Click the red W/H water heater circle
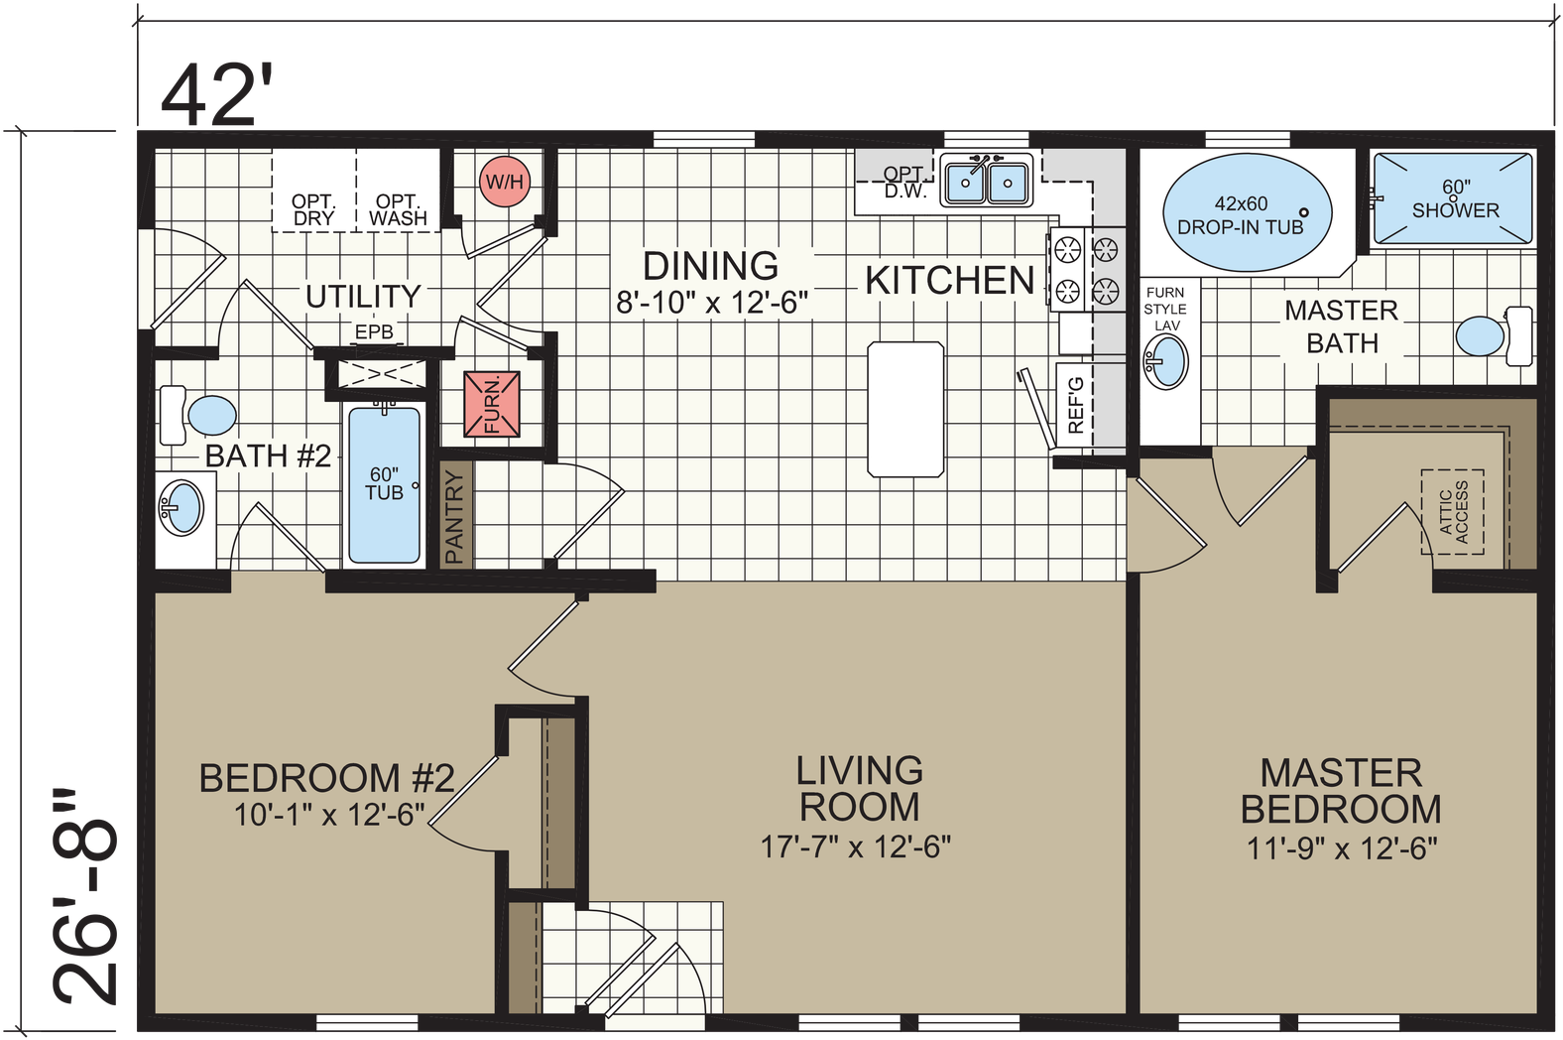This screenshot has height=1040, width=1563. pyautogui.click(x=505, y=182)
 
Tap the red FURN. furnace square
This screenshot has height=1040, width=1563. pyautogui.click(x=492, y=404)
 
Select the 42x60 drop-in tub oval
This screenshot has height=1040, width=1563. pyautogui.click(x=1247, y=213)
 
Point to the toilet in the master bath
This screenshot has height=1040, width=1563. pyautogui.click(x=1494, y=335)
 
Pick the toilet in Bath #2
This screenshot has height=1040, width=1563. pyautogui.click(x=198, y=415)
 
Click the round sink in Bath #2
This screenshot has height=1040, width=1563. pyautogui.click(x=181, y=507)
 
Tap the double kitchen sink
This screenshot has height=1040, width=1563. pyautogui.click(x=986, y=182)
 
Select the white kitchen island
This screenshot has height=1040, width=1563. pyautogui.click(x=905, y=410)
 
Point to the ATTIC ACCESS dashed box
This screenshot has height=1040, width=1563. pyautogui.click(x=1453, y=512)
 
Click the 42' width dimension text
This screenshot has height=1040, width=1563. pyautogui.click(x=216, y=95)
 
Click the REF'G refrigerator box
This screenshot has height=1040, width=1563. pyautogui.click(x=1075, y=405)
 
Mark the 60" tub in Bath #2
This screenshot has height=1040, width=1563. pyautogui.click(x=384, y=485)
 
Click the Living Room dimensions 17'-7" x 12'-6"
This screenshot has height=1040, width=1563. pyautogui.click(x=856, y=846)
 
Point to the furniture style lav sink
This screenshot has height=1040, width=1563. pyautogui.click(x=1166, y=361)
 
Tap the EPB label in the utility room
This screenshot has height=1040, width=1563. pyautogui.click(x=374, y=332)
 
